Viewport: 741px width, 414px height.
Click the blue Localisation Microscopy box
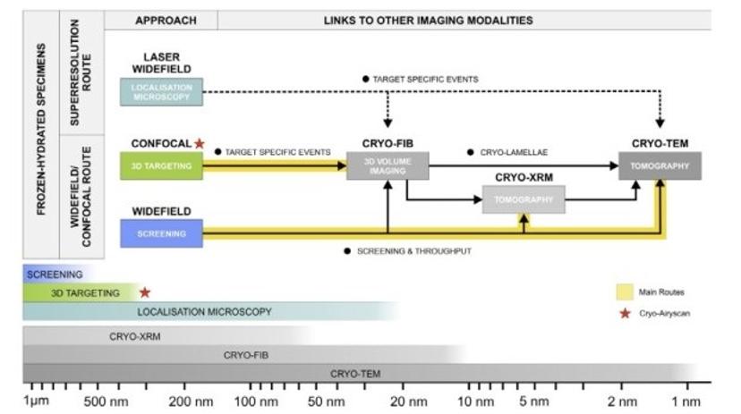pos(162,92)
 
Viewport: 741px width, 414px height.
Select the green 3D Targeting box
pos(162,165)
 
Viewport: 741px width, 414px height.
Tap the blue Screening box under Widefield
pos(162,233)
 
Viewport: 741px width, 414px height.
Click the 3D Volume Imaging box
pos(388,165)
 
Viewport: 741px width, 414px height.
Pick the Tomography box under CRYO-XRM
pos(524,199)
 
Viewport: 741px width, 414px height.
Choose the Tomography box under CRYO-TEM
pos(660,165)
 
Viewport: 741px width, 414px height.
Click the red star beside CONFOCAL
pos(200,143)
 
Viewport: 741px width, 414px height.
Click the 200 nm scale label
pos(192,402)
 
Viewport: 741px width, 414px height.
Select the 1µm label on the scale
pos(36,402)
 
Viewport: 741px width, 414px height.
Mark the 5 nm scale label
pos(533,402)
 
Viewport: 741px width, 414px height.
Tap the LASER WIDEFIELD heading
pos(162,63)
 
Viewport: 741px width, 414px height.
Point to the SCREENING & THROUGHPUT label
pos(413,251)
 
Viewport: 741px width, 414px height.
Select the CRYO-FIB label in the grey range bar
pos(246,355)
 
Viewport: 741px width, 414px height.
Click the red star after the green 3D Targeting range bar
pos(145,291)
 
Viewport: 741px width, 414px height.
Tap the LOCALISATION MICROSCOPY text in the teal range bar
pos(204,312)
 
